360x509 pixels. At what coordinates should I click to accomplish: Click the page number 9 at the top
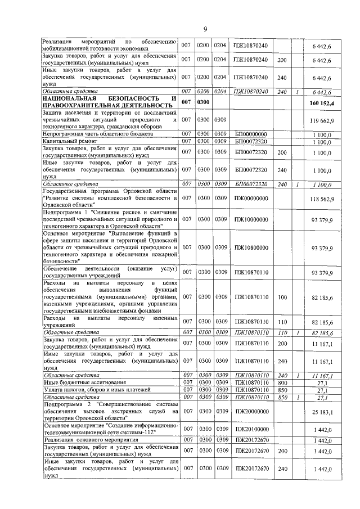[x=206, y=29]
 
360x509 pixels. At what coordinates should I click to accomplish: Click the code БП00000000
[x=250, y=134]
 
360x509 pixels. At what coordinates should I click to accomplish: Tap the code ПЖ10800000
[x=250, y=247]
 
